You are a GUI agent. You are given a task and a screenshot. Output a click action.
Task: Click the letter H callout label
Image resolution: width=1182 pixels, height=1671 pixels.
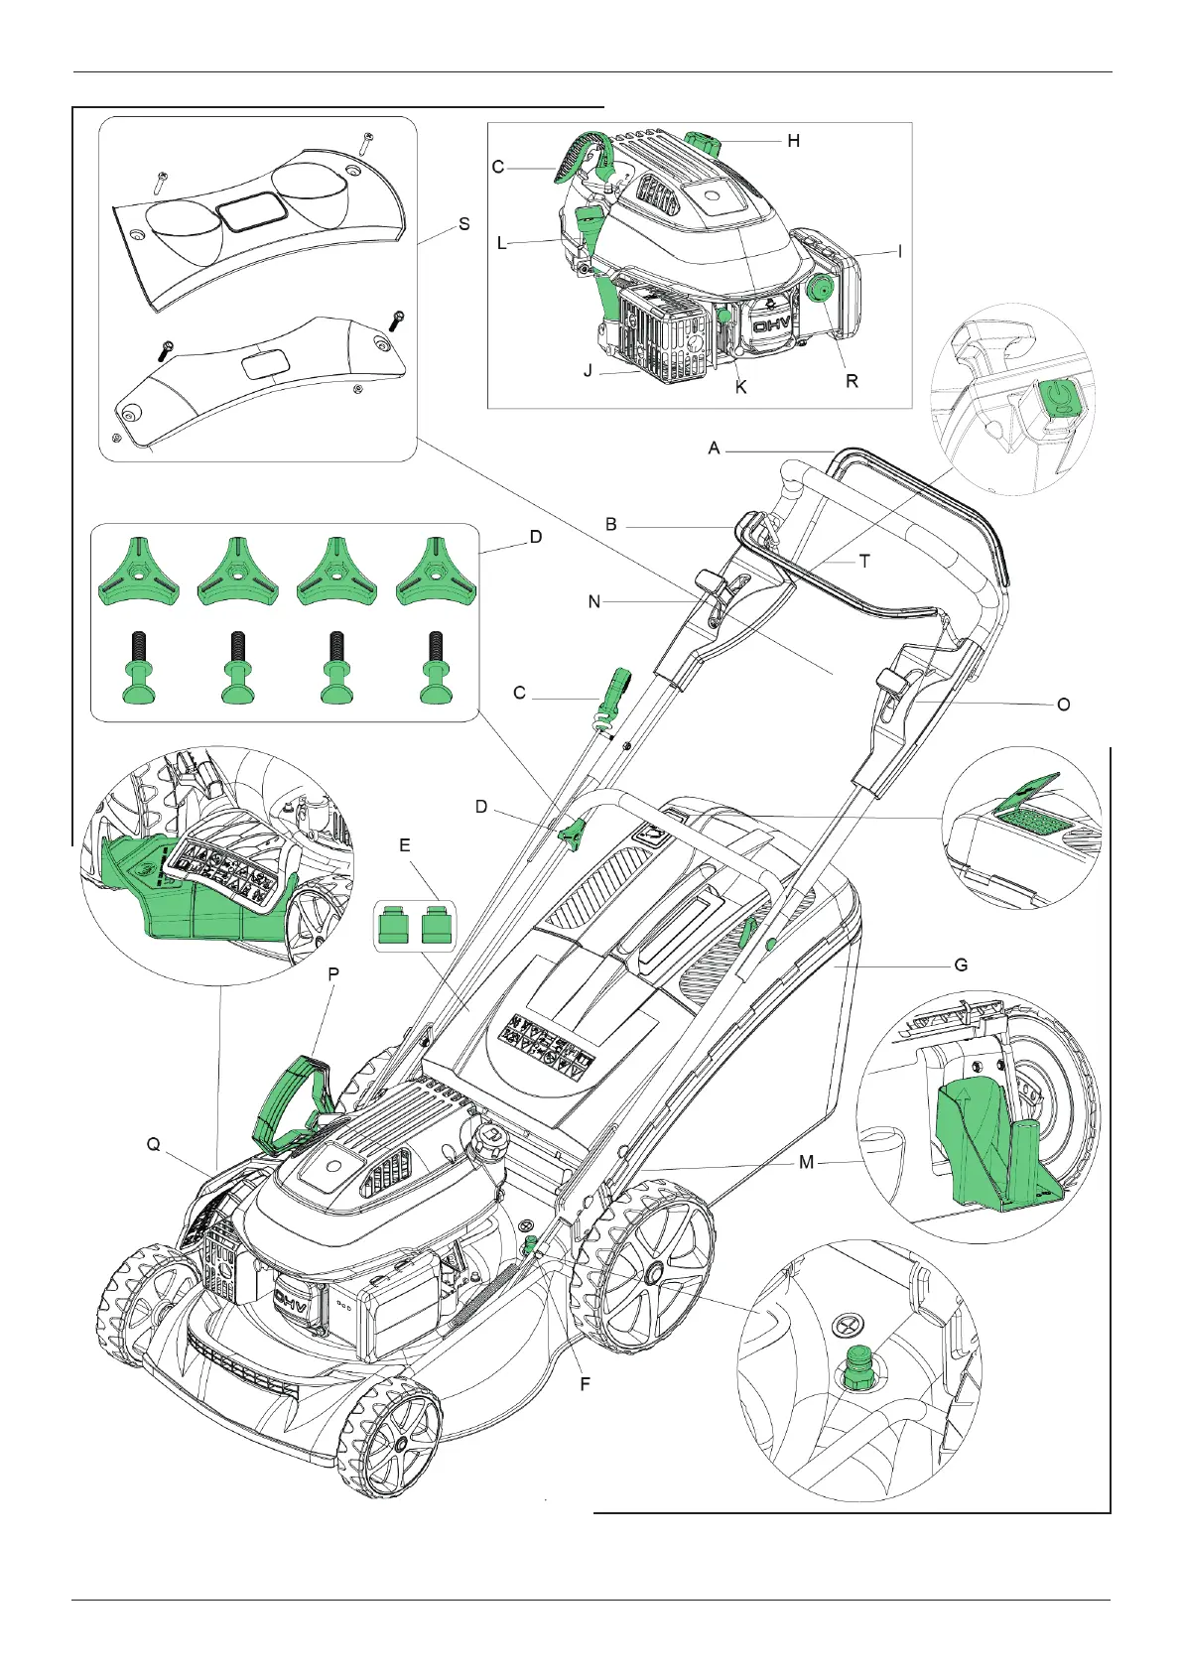coord(793,141)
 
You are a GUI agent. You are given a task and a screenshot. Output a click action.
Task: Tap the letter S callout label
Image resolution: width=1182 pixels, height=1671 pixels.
coord(463,224)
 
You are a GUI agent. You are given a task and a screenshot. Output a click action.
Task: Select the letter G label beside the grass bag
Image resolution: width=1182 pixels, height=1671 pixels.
coord(960,964)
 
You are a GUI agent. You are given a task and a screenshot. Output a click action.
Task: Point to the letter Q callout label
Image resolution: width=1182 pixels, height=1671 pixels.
coord(154,1144)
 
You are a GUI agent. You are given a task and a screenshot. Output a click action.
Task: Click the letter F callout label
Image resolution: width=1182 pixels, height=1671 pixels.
coord(585,1382)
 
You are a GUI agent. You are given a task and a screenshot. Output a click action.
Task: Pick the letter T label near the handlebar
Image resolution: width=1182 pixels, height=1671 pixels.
coord(864,561)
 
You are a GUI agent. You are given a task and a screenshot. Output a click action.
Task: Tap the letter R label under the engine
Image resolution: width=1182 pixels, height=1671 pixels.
coord(852,381)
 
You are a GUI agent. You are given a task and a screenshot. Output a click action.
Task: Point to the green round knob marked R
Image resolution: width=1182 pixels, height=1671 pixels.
coord(821,291)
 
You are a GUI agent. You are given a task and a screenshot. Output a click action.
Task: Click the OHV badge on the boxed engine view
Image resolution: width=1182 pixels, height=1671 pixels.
coord(770,324)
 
